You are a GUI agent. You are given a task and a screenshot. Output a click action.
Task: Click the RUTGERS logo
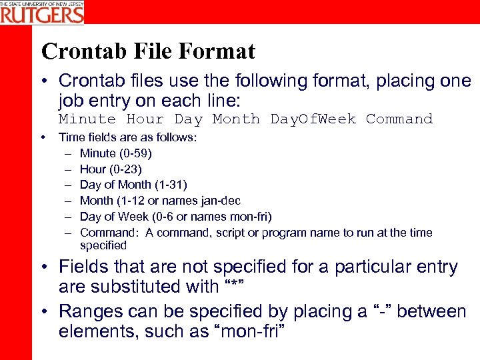(x=42, y=12)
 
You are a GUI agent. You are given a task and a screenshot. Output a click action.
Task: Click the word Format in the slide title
(x=217, y=51)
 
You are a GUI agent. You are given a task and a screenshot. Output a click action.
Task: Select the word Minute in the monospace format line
(x=87, y=119)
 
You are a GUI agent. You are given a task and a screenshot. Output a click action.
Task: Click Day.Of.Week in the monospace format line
(x=313, y=119)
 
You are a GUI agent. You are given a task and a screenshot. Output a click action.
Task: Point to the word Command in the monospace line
(x=399, y=119)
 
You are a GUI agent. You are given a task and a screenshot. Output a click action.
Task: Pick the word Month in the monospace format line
(x=236, y=119)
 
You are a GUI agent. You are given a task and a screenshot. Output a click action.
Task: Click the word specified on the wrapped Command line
(x=103, y=245)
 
